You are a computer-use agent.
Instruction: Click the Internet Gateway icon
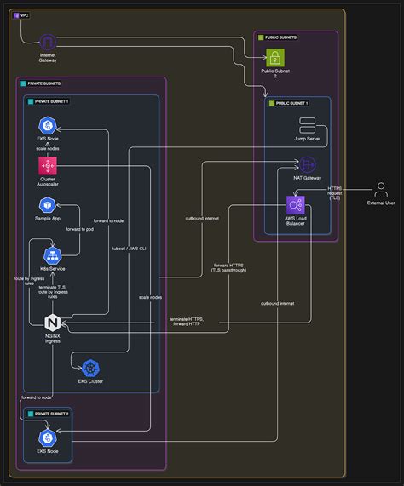point(48,42)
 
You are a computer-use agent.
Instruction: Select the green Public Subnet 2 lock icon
point(276,58)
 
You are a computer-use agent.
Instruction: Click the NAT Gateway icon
point(307,163)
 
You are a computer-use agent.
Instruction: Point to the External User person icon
point(379,189)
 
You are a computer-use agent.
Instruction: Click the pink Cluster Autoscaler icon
point(48,165)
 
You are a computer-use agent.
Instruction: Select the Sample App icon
point(48,205)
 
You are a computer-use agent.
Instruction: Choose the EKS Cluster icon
point(89,369)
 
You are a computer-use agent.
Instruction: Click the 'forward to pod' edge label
point(79,230)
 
